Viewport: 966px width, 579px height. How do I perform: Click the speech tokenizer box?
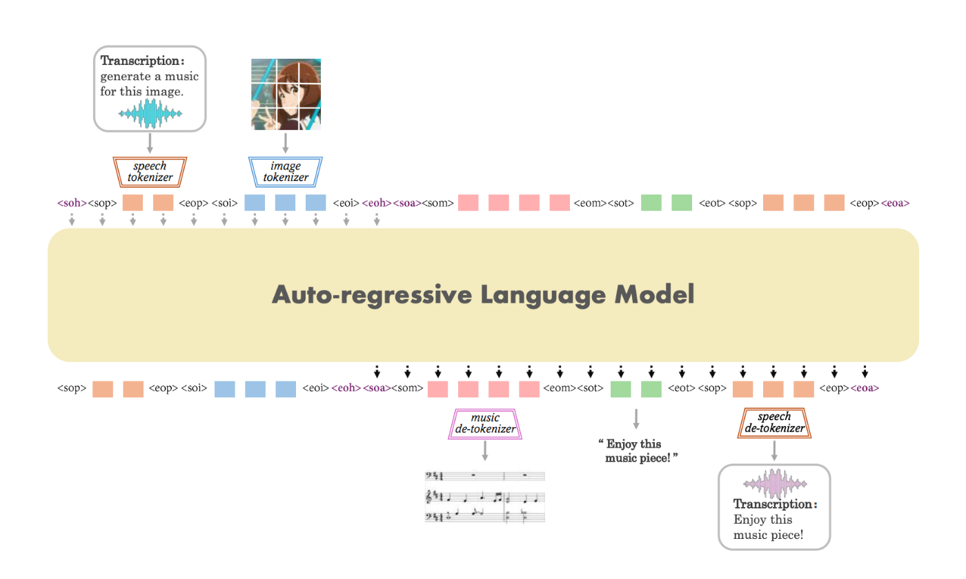(x=150, y=172)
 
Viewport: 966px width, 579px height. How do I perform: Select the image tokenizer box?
(x=286, y=172)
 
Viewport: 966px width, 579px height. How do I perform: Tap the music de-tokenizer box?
(x=485, y=424)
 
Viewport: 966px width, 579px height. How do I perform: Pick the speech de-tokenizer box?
(x=774, y=423)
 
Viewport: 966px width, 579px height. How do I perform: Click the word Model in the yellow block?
(x=654, y=294)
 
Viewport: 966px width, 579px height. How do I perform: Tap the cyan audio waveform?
(x=150, y=113)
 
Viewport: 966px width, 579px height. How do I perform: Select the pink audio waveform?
(x=775, y=484)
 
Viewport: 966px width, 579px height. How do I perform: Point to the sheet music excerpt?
(x=484, y=497)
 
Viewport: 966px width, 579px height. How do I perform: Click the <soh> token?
(x=72, y=203)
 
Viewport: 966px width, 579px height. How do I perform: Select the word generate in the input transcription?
(x=126, y=77)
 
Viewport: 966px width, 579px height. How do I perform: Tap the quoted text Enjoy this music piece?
(x=638, y=450)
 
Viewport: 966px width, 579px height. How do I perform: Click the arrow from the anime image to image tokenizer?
(x=285, y=143)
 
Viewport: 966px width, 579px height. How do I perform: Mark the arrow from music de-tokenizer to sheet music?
(x=485, y=450)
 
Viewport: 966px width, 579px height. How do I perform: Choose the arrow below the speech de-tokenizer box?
(x=774, y=450)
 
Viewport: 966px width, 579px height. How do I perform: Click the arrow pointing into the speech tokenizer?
(x=150, y=143)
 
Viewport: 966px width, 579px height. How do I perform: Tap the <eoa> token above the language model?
(x=896, y=203)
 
